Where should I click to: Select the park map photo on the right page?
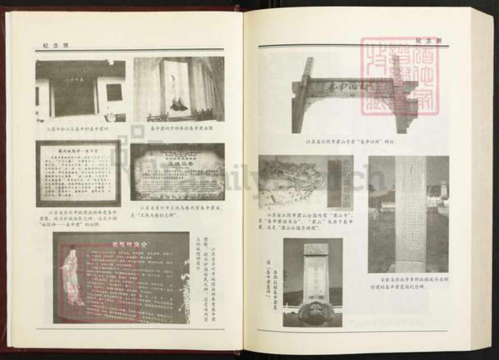point(298,182)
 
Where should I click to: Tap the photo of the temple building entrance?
point(80,89)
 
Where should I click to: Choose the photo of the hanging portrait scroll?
point(179,89)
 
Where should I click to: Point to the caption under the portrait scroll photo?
point(179,128)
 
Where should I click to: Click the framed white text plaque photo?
point(78,173)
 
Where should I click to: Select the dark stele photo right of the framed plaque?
point(178,171)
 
